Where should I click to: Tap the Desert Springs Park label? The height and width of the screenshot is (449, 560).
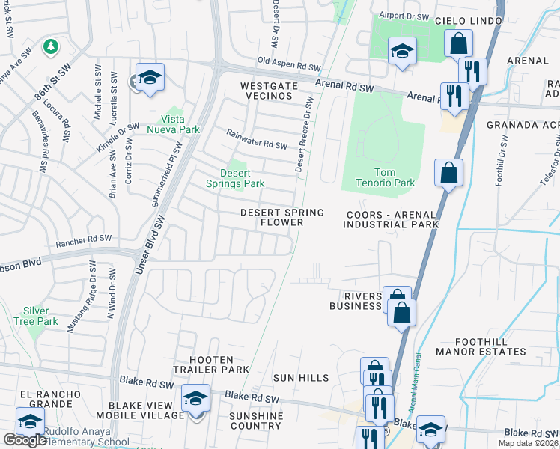pos(236,178)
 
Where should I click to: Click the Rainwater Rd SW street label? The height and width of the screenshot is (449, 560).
pos(258,140)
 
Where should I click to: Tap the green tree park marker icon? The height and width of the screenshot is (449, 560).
pos(51,47)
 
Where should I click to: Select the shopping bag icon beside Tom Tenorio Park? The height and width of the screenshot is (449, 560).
pos(448,174)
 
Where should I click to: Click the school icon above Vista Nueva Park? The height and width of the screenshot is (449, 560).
pos(150,78)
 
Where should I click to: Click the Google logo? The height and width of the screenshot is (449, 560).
pos(25,440)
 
